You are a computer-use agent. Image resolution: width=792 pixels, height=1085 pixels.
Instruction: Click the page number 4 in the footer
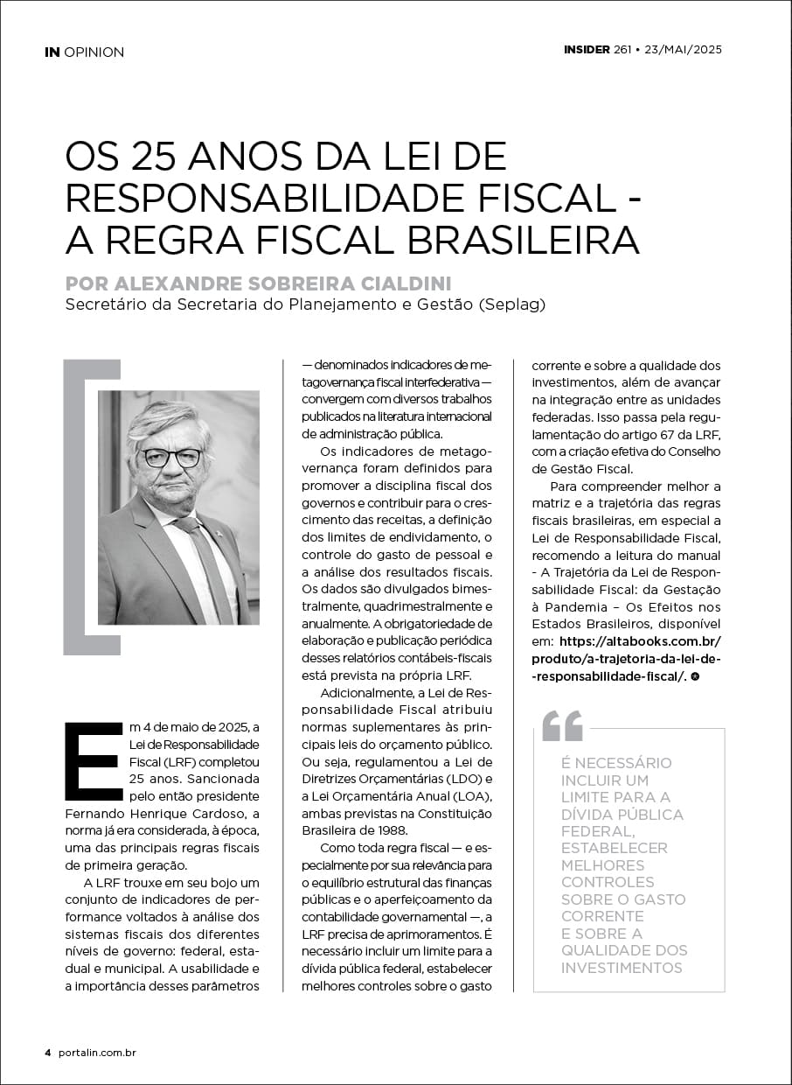click(48, 1053)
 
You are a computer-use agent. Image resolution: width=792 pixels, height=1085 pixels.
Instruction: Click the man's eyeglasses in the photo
click(171, 457)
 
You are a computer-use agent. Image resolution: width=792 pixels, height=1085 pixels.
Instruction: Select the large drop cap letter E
click(92, 760)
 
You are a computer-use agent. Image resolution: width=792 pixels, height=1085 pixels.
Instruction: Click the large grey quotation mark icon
click(562, 725)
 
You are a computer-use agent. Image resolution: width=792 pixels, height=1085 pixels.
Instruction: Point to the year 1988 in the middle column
click(390, 830)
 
